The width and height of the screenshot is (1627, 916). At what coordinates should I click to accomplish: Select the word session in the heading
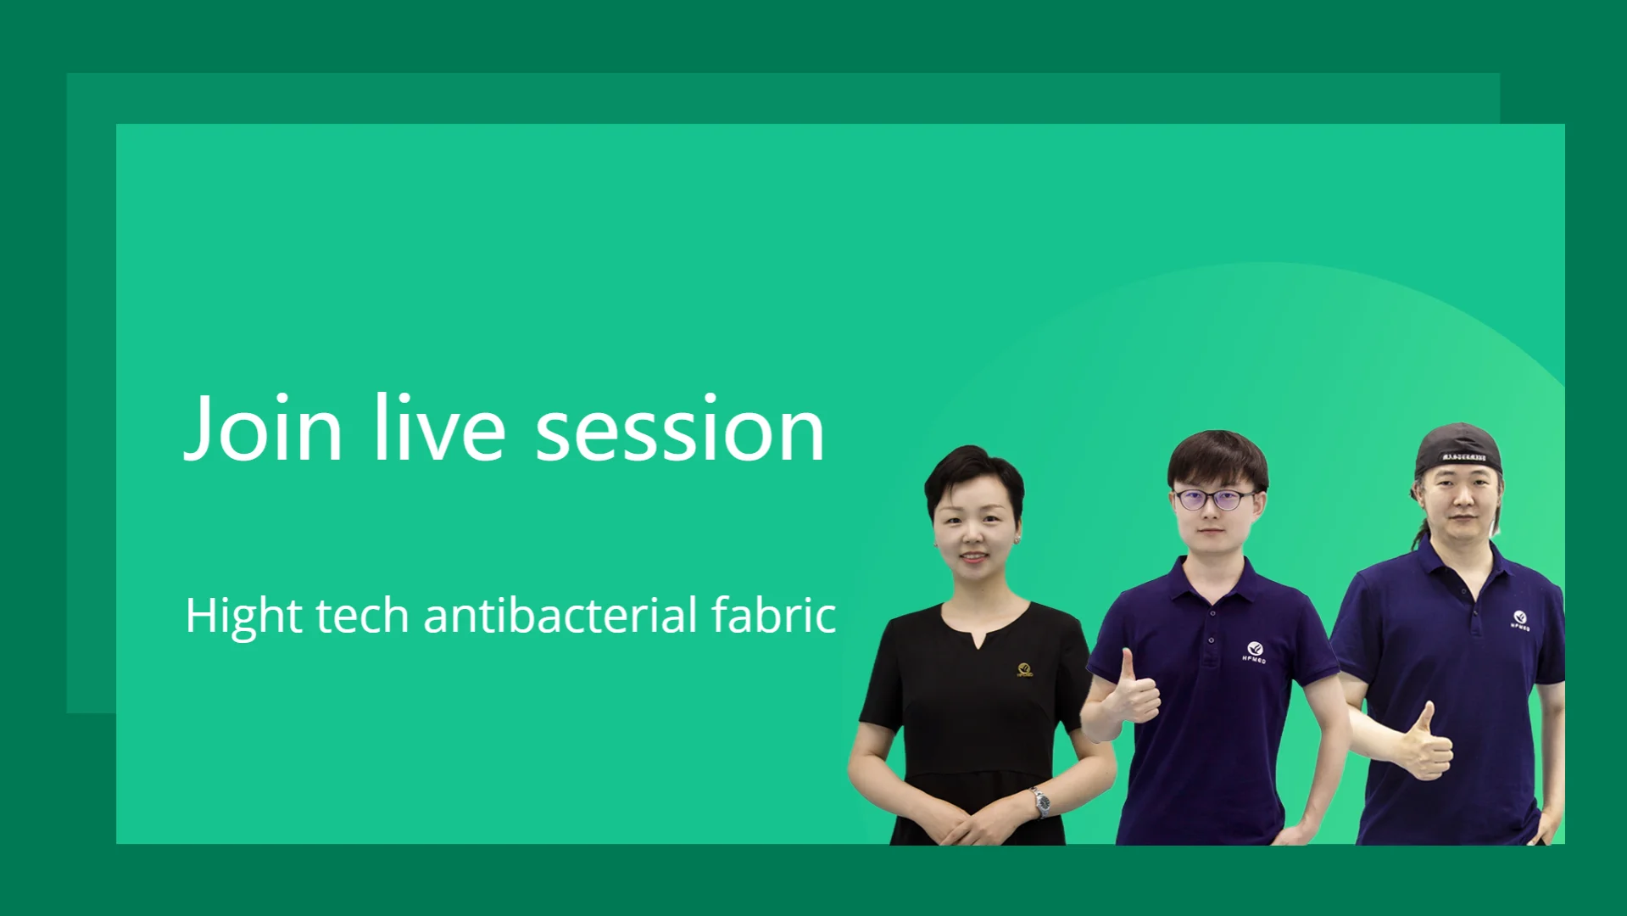coord(680,430)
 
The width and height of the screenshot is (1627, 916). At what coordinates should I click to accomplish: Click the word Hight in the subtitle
coord(243,617)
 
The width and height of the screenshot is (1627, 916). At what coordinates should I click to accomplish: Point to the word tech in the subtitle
coord(362,615)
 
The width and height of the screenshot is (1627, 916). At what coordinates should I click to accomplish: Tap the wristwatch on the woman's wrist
coord(1040,801)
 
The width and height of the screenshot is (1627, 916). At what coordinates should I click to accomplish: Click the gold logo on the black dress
coord(1025,670)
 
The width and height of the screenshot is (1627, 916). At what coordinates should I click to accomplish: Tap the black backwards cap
coord(1458,450)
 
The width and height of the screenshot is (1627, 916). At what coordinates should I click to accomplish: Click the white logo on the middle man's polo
coord(1255,652)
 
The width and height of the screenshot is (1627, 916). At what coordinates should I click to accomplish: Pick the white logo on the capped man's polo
coord(1520,620)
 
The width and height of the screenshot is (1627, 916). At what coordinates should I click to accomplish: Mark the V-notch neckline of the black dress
coord(981,631)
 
